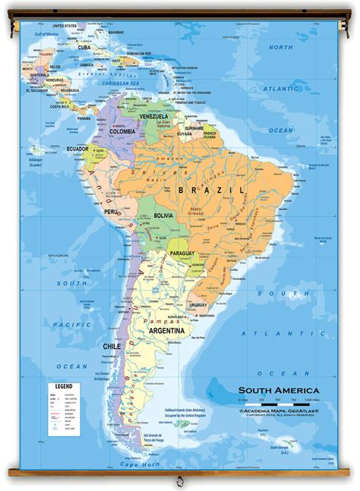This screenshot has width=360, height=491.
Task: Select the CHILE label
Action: click(x=112, y=345)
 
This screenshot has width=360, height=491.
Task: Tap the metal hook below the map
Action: click(x=180, y=481)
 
